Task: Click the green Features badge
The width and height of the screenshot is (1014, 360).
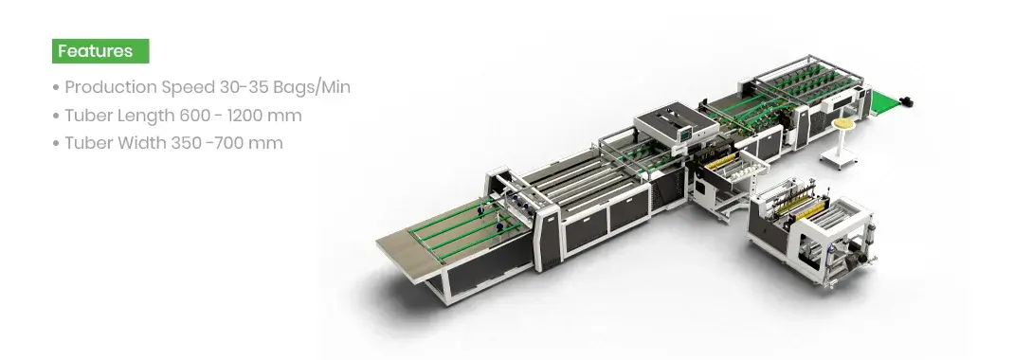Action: [100, 50]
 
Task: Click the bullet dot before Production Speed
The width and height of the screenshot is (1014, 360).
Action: [56, 88]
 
